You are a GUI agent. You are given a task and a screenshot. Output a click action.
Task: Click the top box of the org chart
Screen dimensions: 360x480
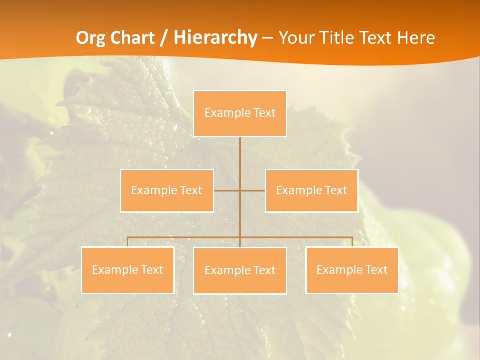point(240,113)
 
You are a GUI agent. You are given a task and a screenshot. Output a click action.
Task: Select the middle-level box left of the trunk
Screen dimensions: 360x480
point(167,190)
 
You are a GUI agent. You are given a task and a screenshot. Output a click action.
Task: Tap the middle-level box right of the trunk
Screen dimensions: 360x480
point(311,190)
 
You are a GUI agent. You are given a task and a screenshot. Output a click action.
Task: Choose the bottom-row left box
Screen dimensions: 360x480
point(127,270)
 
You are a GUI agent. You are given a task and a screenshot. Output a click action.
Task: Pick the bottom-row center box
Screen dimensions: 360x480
point(240,270)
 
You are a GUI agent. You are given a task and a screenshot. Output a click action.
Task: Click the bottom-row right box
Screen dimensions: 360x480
point(352,270)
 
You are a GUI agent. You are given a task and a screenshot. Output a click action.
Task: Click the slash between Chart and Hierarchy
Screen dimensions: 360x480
point(163,38)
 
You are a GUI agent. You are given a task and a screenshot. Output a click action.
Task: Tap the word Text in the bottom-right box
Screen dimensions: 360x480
point(376,270)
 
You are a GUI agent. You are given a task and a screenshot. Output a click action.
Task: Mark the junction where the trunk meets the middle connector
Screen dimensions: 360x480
point(240,190)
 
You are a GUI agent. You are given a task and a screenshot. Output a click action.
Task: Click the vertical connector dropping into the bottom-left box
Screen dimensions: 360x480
point(127,242)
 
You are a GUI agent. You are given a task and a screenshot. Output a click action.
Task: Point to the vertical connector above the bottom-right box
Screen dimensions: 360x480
point(352,242)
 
